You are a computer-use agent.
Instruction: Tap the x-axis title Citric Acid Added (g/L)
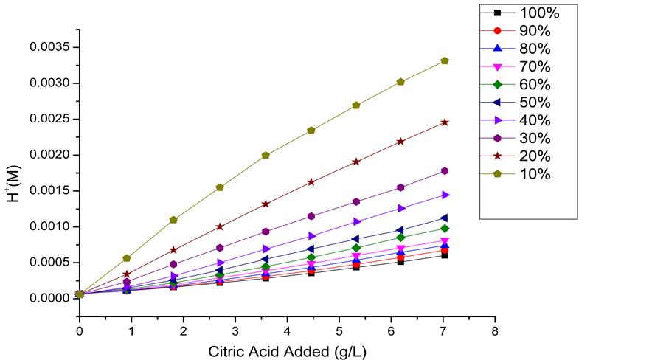coord(287,350)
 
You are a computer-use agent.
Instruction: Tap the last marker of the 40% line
coord(445,195)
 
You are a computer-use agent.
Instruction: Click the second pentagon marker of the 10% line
coord(127,258)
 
